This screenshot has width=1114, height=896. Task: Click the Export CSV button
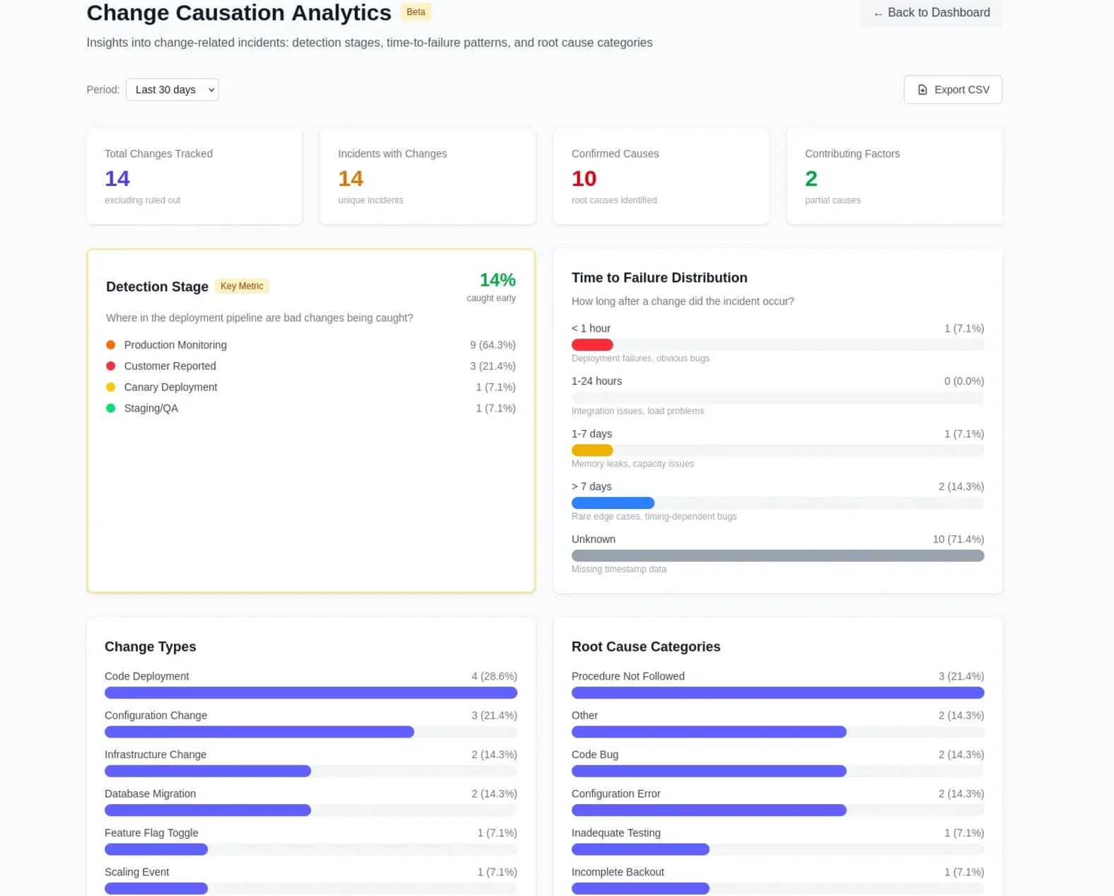952,90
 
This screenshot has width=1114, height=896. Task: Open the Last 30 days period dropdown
172,90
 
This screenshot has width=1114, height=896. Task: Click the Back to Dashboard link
931,13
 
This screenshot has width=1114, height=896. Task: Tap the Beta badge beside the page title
416,12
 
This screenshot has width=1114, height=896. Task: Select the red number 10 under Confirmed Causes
584,179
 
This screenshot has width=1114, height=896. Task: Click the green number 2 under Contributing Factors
811,179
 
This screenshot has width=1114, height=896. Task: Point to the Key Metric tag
242,286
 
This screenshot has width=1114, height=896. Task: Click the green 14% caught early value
497,280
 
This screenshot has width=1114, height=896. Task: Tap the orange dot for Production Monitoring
110,345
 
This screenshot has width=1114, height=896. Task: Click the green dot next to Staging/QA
110,408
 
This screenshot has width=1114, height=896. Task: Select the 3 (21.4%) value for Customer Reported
492,366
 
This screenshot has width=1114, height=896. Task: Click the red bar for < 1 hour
592,345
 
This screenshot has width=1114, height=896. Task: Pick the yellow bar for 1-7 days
592,450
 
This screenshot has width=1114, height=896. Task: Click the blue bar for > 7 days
613,504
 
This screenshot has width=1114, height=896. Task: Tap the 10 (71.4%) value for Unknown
958,540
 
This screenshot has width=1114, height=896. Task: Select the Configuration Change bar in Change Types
259,732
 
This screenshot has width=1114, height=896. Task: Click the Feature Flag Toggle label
151,833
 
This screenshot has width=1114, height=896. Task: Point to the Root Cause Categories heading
646,647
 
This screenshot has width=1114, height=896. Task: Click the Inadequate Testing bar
640,849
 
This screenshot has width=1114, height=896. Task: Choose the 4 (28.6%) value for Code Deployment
494,677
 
